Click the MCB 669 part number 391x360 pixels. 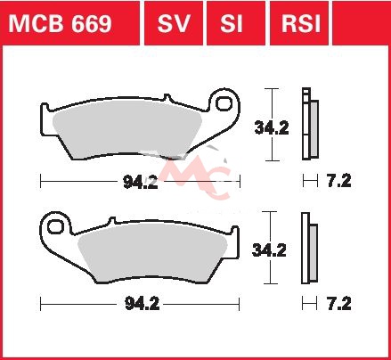tap(60, 23)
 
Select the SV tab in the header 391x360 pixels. tap(174, 23)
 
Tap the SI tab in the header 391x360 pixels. tap(232, 23)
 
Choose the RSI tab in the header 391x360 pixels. tap(301, 23)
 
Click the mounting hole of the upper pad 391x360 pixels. tap(224, 103)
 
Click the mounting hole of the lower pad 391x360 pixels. tap(55, 226)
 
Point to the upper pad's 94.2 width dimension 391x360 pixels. tap(141, 182)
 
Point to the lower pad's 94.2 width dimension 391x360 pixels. tap(142, 304)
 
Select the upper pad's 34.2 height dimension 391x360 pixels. tap(272, 128)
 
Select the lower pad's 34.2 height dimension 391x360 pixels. tap(269, 250)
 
